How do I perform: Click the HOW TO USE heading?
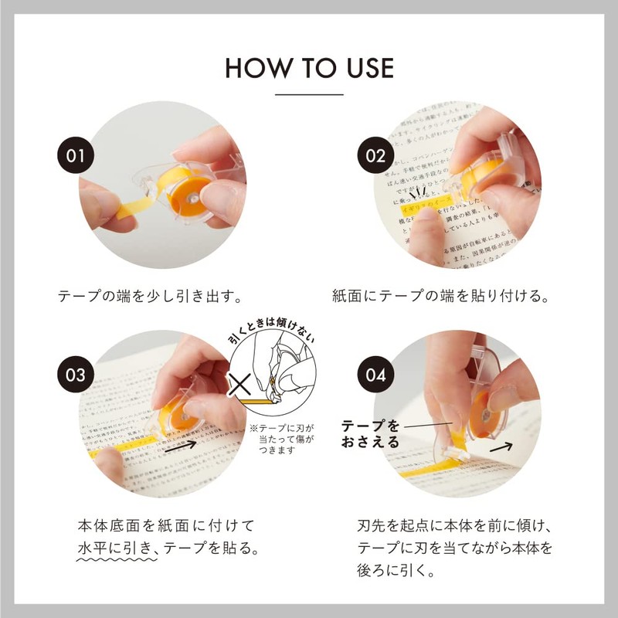tap(309, 68)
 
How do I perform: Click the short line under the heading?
tap(309, 94)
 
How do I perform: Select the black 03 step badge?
tap(75, 376)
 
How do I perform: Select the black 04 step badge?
tap(375, 376)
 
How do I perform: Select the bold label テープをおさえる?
tap(371, 434)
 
